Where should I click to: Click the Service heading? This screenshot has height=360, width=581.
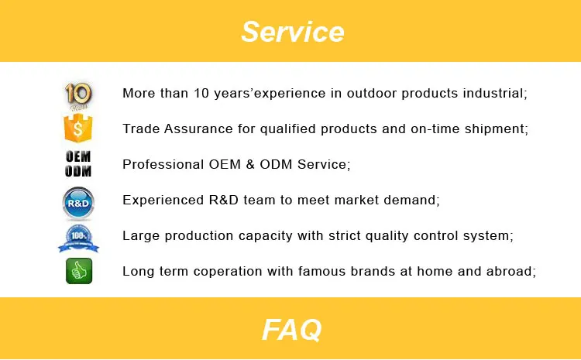(292, 32)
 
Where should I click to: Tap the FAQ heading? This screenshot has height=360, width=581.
(292, 329)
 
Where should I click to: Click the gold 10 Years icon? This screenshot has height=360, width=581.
(78, 96)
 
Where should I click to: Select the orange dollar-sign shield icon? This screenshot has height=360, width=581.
(78, 129)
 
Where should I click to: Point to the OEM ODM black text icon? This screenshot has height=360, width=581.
(78, 163)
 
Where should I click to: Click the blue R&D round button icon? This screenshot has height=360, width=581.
(78, 203)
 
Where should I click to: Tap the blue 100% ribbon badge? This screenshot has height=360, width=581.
(78, 238)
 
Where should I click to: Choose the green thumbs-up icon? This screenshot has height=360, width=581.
(79, 271)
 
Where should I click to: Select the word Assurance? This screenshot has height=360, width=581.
(198, 129)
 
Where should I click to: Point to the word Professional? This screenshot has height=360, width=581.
(163, 164)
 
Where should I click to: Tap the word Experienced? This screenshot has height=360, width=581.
(163, 200)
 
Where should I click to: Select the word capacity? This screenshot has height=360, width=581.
(265, 235)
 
